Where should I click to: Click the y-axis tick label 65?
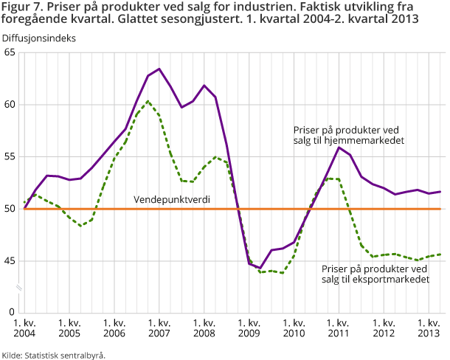pyautogui.click(x=10, y=52)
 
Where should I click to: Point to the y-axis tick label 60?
pyautogui.click(x=10, y=105)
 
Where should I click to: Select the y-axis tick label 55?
pyautogui.click(x=10, y=157)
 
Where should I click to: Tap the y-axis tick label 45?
pyautogui.click(x=10, y=261)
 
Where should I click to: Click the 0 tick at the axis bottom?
pyautogui.click(x=13, y=313)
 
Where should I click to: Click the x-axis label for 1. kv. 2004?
pyautogui.click(x=24, y=328)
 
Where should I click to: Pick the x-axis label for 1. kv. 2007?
pyautogui.click(x=159, y=328)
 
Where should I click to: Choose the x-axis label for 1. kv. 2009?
pyautogui.click(x=249, y=328)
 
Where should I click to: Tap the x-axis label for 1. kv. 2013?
pyautogui.click(x=429, y=328)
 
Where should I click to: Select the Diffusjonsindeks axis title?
pyautogui.click(x=38, y=36)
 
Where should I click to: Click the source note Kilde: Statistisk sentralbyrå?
pyautogui.click(x=53, y=355)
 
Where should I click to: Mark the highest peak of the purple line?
pyautogui.click(x=159, y=69)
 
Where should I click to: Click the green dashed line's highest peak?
pyautogui.click(x=148, y=101)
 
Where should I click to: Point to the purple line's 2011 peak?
pyautogui.click(x=339, y=148)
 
